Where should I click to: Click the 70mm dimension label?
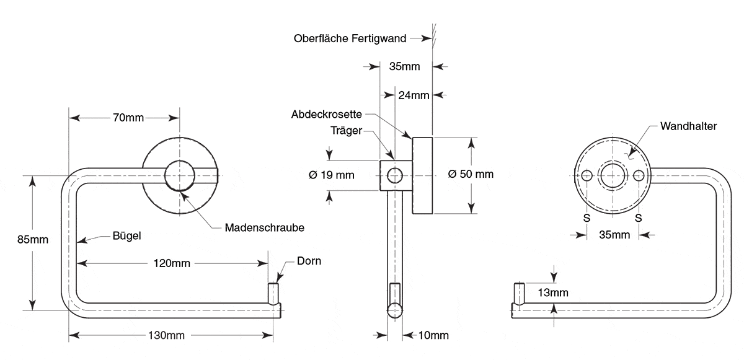click(x=128, y=118)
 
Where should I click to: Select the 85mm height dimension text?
click(x=32, y=239)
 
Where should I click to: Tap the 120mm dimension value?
click(x=172, y=263)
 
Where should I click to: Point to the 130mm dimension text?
click(x=166, y=335)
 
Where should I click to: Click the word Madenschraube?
click(x=264, y=227)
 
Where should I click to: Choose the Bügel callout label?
click(x=126, y=235)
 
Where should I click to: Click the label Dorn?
click(x=309, y=261)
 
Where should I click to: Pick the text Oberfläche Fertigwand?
click(x=350, y=38)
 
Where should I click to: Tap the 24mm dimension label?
click(x=414, y=95)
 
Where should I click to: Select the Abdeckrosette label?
click(x=327, y=114)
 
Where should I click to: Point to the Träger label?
click(x=346, y=130)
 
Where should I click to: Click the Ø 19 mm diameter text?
click(x=332, y=175)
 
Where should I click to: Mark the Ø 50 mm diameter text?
click(x=471, y=174)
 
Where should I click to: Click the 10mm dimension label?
click(x=433, y=335)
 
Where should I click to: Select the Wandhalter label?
click(x=689, y=126)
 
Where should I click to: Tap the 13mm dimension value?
click(x=553, y=292)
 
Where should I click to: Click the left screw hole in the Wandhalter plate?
click(x=587, y=175)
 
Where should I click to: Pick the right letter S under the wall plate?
click(x=639, y=218)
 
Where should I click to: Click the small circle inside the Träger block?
click(x=394, y=175)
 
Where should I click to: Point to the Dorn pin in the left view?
click(x=273, y=293)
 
